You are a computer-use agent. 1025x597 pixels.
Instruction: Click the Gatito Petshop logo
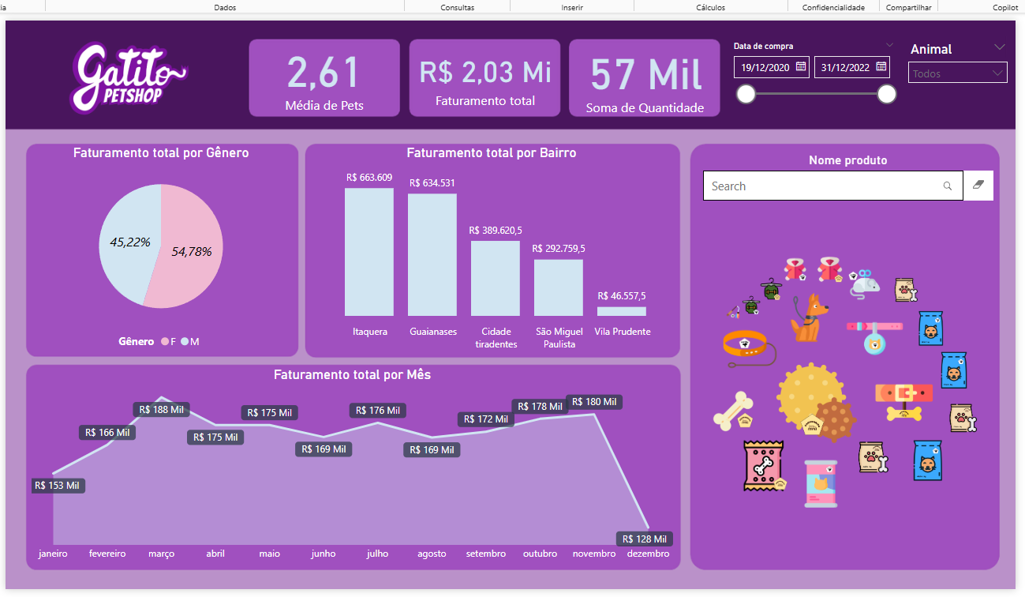coord(129,77)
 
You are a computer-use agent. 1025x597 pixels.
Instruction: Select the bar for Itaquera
coord(368,253)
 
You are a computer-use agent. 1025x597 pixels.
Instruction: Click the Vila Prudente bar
coord(622,311)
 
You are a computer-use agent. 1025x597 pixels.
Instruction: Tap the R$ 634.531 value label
coord(432,183)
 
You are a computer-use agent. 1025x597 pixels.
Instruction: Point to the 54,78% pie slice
coord(192,251)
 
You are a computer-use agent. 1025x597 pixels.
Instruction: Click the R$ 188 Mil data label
coord(161,410)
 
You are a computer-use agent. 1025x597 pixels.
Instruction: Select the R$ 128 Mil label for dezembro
coord(645,539)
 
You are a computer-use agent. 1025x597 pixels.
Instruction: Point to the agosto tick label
coord(432,554)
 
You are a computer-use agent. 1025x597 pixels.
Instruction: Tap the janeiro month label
coord(53,554)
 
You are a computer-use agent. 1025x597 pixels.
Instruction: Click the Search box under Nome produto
coord(825,186)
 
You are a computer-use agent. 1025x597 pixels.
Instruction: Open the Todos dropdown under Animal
coord(958,74)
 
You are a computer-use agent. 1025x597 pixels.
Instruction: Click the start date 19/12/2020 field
coord(763,67)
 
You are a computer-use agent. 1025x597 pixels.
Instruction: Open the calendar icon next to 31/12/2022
coord(881,66)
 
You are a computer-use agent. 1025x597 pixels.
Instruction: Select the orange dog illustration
coord(810,317)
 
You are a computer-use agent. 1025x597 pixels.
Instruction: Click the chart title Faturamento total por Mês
coord(352,375)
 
